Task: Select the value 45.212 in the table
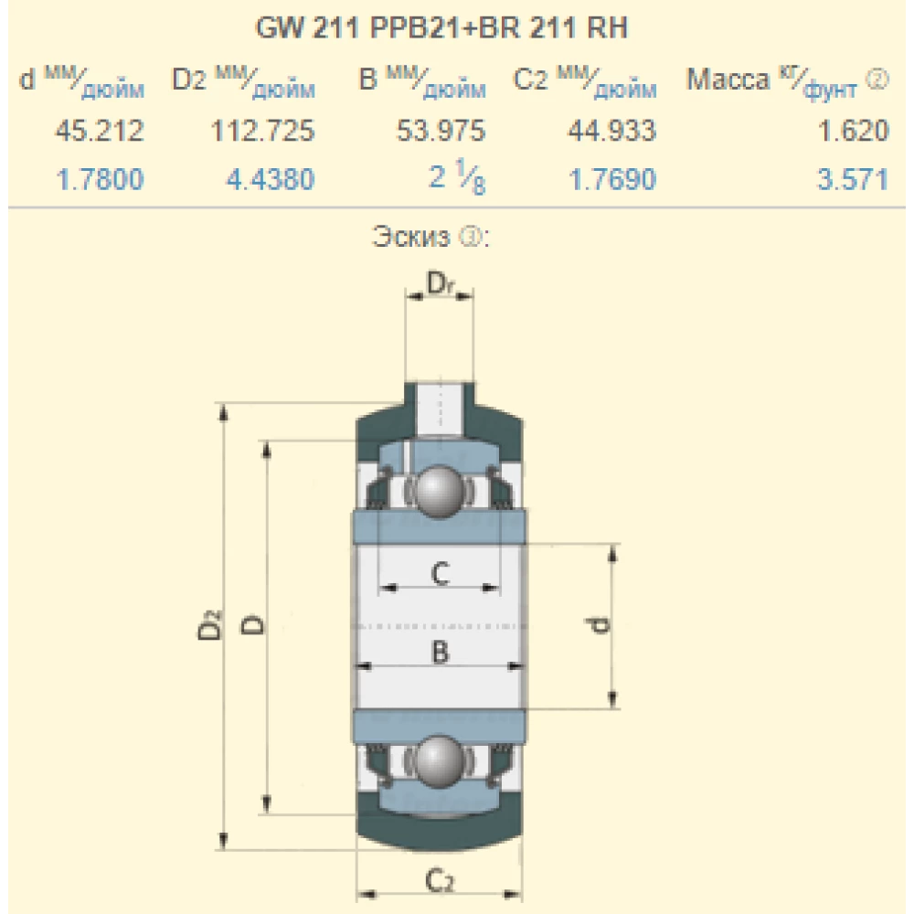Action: [x=100, y=132]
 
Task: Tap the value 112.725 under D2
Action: [x=262, y=132]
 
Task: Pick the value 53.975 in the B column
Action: [x=441, y=132]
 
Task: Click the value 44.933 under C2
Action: [x=611, y=132]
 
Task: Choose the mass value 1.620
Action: [x=853, y=132]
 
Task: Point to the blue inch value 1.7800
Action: [x=100, y=180]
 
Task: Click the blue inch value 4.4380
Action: [x=270, y=180]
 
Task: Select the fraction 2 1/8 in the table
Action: [x=457, y=180]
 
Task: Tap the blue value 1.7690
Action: [x=612, y=180]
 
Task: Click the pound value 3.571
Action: [x=853, y=180]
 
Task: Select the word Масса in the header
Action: [x=728, y=81]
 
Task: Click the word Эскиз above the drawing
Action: [x=411, y=239]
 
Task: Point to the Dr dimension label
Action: [x=439, y=285]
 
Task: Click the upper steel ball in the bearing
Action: [x=438, y=491]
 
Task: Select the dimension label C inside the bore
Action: [x=439, y=574]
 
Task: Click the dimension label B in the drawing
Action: [x=439, y=652]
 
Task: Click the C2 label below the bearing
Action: [x=439, y=880]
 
